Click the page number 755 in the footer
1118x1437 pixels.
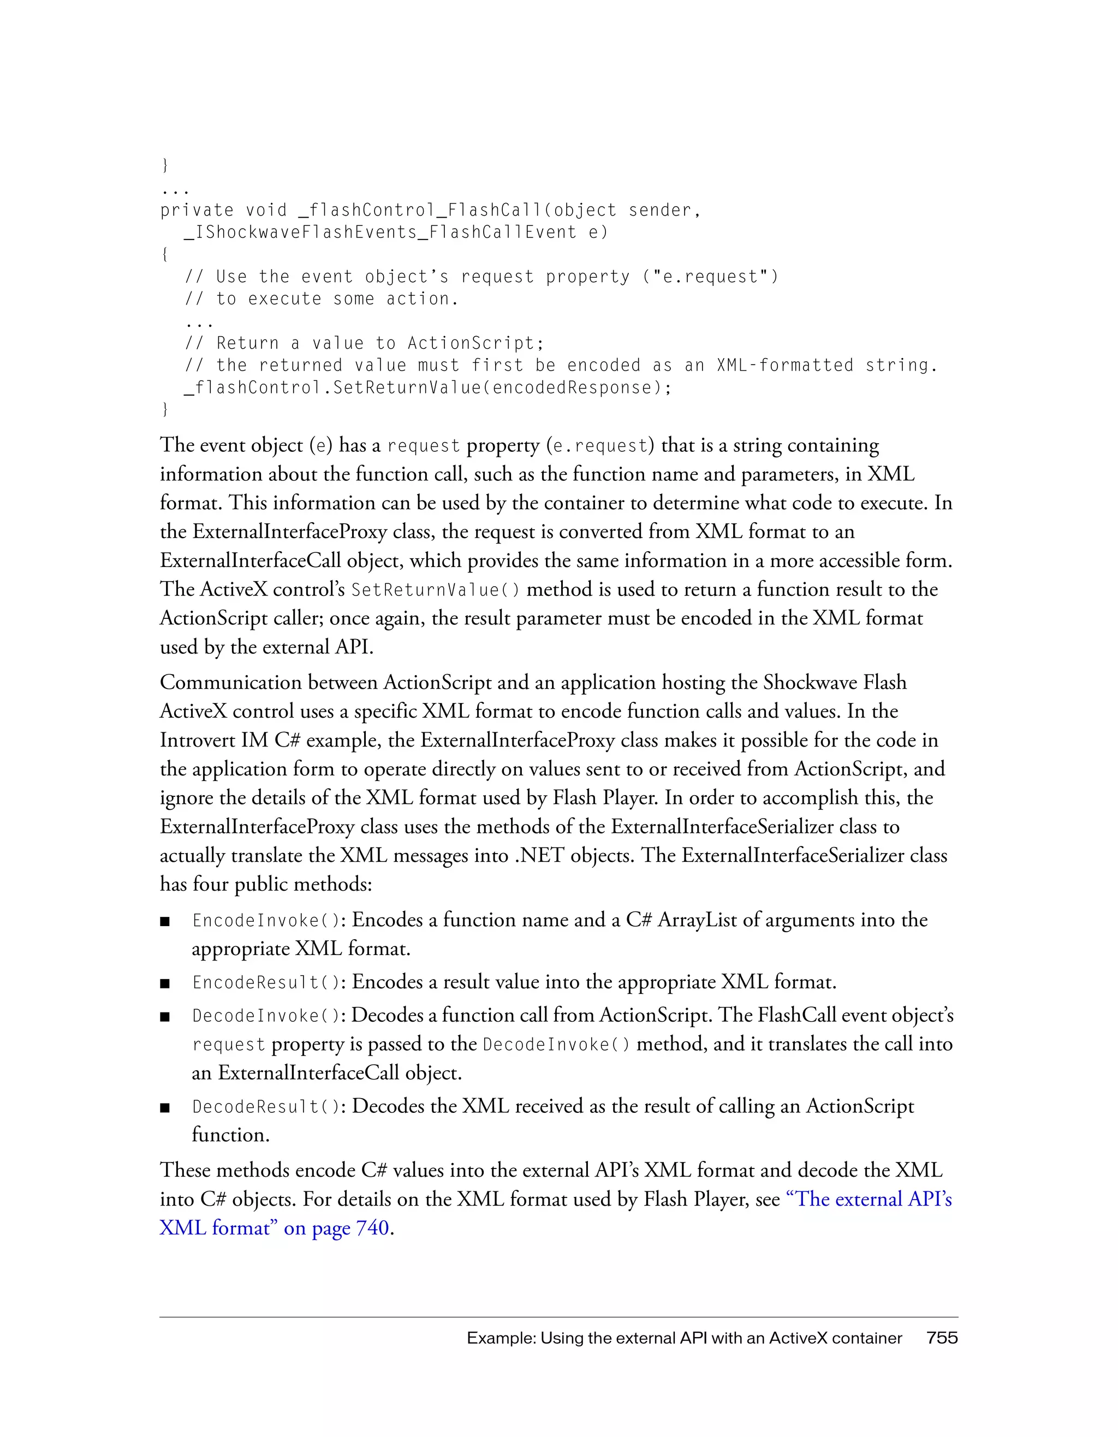point(942,1338)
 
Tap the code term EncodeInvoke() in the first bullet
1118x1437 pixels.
point(265,920)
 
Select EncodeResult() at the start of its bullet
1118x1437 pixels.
point(265,982)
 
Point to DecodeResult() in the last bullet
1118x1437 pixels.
point(265,1107)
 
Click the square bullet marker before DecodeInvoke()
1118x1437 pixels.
point(165,1017)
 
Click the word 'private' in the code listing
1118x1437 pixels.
point(197,211)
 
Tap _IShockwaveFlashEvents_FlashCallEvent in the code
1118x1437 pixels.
point(380,232)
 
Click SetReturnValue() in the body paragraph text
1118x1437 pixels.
point(435,589)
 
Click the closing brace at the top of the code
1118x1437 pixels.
point(164,165)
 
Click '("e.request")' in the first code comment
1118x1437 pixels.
point(710,277)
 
